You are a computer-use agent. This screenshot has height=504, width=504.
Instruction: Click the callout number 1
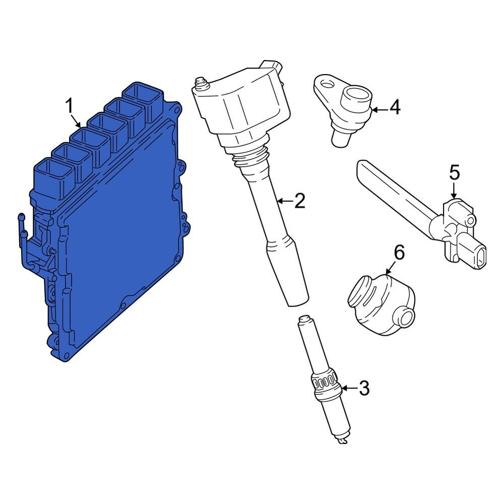tap(70, 106)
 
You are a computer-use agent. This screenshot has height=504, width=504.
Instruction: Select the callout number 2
tap(299, 201)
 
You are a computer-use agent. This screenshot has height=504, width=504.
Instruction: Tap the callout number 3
tap(364, 388)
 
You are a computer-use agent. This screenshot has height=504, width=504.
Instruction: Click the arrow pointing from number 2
tap(285, 201)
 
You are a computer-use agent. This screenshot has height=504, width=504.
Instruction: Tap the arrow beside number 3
tap(349, 388)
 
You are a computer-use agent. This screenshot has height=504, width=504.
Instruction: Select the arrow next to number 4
tap(380, 110)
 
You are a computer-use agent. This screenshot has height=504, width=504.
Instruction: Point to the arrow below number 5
tap(454, 191)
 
